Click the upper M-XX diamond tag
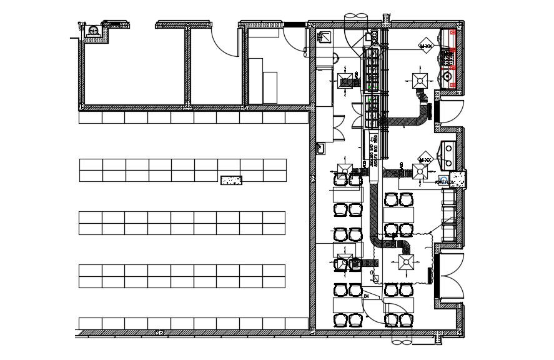click(426, 46)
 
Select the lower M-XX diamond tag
click(425, 159)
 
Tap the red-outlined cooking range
click(448, 59)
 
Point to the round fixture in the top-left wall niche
click(93, 29)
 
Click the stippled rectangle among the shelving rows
click(231, 180)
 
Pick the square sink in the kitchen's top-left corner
click(325, 37)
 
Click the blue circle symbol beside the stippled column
click(443, 180)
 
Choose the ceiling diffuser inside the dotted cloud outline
click(406, 261)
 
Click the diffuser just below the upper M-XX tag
click(419, 79)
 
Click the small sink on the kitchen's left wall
click(321, 148)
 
